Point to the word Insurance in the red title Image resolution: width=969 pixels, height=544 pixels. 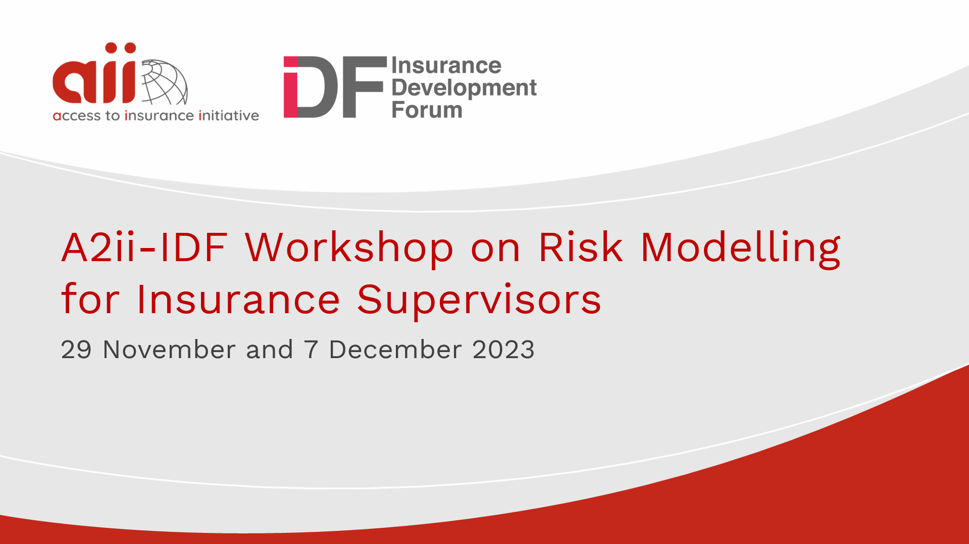click(238, 300)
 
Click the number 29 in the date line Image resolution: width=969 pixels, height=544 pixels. click(76, 350)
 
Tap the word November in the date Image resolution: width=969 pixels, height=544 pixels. click(169, 350)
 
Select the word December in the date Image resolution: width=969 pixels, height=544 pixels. click(395, 350)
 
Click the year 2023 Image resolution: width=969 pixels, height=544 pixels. click(503, 350)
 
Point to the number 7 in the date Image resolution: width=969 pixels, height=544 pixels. click(311, 350)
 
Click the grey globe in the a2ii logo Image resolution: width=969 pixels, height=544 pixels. click(165, 82)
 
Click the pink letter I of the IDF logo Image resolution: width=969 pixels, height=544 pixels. click(290, 87)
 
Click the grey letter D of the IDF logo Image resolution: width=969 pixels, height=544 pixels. click(318, 87)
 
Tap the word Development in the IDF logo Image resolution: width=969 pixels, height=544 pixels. click(464, 88)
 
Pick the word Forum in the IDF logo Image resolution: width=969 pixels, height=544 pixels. click(427, 110)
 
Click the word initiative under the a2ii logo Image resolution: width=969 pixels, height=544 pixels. click(229, 116)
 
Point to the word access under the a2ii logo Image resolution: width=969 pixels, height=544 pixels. click(77, 116)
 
